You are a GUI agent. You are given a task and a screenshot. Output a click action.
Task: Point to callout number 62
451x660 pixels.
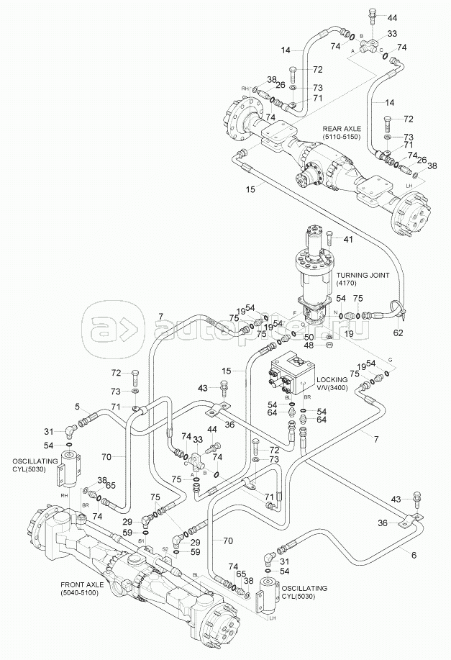point(398,333)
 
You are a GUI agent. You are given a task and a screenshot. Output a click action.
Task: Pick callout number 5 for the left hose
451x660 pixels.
point(77,406)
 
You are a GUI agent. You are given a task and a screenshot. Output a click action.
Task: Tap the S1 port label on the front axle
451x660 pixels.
point(142,540)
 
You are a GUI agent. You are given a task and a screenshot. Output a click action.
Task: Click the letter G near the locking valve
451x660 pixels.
point(391,359)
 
